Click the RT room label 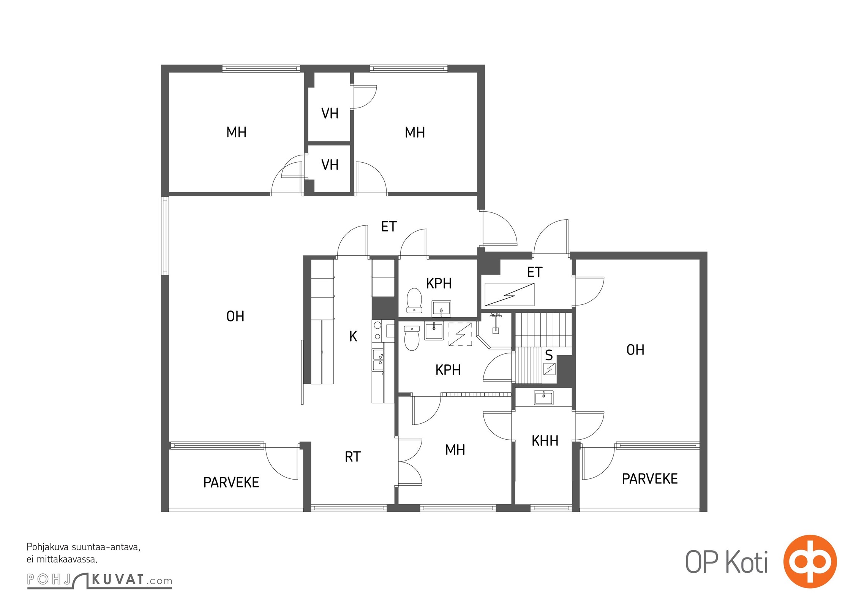click(352, 457)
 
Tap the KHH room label click(545, 441)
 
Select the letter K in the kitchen click(353, 336)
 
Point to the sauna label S click(549, 355)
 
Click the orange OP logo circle click(810, 562)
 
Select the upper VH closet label click(330, 113)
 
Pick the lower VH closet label click(330, 165)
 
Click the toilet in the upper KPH click(414, 301)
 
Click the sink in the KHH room click(543, 397)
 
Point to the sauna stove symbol click(550, 368)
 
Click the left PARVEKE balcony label click(231, 483)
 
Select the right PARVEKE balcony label click(650, 479)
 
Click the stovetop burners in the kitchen click(377, 331)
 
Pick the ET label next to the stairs click(535, 272)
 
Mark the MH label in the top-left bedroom click(236, 132)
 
